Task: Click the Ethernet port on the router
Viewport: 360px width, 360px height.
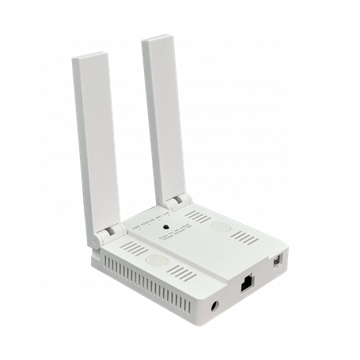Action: [x=247, y=280]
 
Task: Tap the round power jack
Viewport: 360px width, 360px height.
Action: [x=216, y=304]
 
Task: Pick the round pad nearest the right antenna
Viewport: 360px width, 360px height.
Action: [x=222, y=227]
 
